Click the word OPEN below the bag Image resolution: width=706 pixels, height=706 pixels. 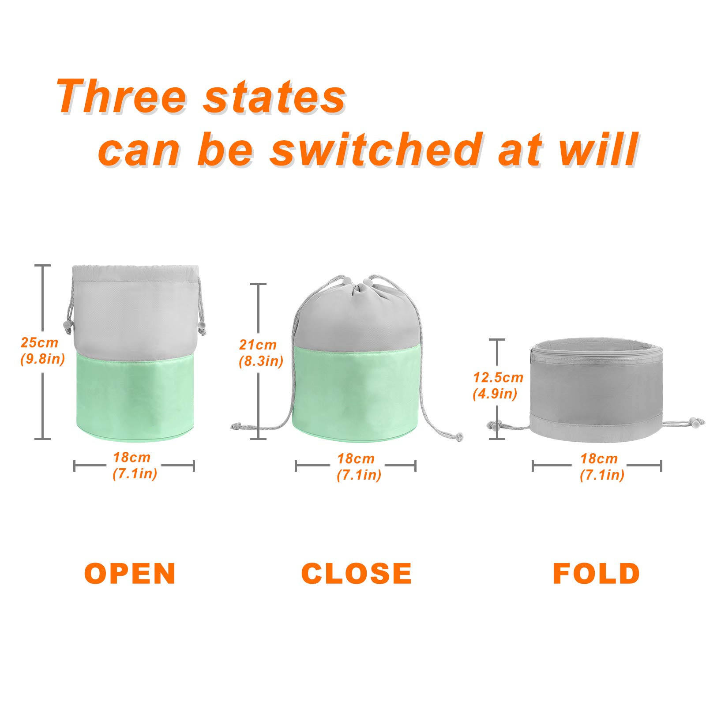coord(130,573)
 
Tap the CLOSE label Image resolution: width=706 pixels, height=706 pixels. coord(357,573)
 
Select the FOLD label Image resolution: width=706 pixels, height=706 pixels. coord(597,573)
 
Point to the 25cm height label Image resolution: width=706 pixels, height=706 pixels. coord(39,342)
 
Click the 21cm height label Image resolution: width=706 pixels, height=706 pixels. coord(258,344)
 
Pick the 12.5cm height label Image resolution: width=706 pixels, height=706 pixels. coord(498,377)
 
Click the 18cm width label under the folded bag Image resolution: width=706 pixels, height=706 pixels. coord(599,458)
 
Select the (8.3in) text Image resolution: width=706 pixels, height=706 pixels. coord(261,361)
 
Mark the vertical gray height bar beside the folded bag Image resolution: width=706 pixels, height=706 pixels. coord(497,389)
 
